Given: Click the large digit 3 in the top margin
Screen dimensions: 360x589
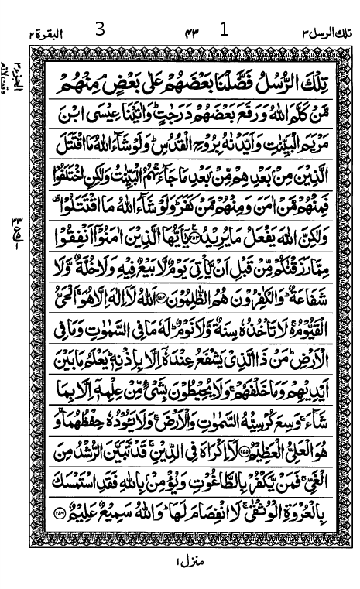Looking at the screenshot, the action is [x=99, y=30].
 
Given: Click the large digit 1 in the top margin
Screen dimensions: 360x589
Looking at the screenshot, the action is [x=225, y=30].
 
